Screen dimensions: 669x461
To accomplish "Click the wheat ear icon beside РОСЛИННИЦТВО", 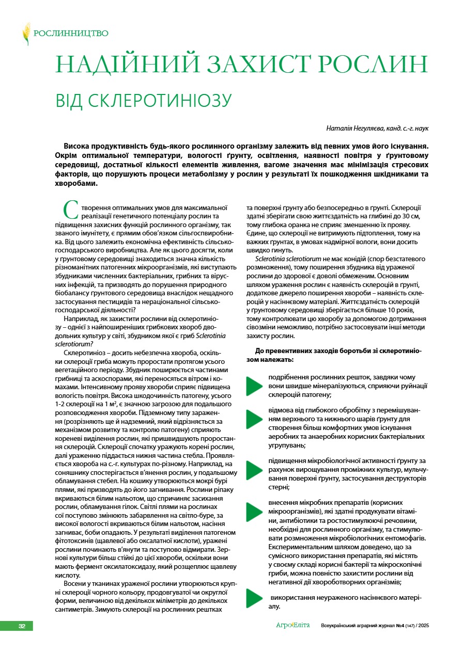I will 26,34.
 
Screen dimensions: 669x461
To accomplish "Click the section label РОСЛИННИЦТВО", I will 71,34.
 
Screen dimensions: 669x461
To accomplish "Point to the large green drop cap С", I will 70,209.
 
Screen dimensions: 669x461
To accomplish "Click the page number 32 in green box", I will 22,626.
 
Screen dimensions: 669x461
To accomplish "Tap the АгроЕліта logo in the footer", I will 293,626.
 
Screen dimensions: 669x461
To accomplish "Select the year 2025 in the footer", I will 423,626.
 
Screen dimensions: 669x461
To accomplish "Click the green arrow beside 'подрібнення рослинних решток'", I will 254,386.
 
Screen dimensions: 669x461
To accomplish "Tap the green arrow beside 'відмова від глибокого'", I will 254,419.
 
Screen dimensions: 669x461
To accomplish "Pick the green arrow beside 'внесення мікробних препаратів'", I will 254,511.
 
